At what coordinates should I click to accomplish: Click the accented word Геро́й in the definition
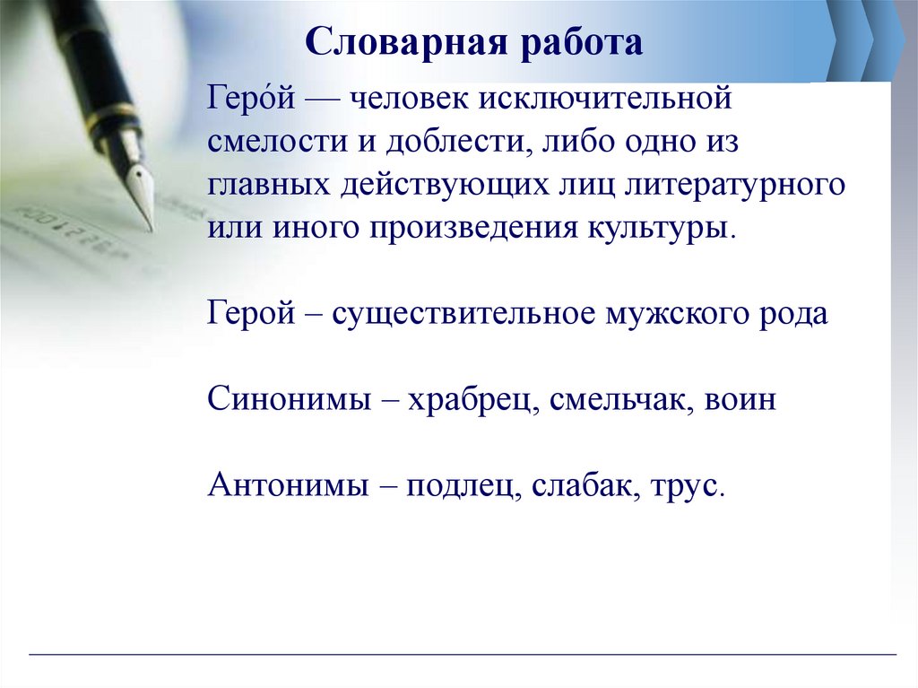coord(246,98)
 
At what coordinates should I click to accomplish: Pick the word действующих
coord(432,184)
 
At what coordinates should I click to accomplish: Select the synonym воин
coord(740,399)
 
